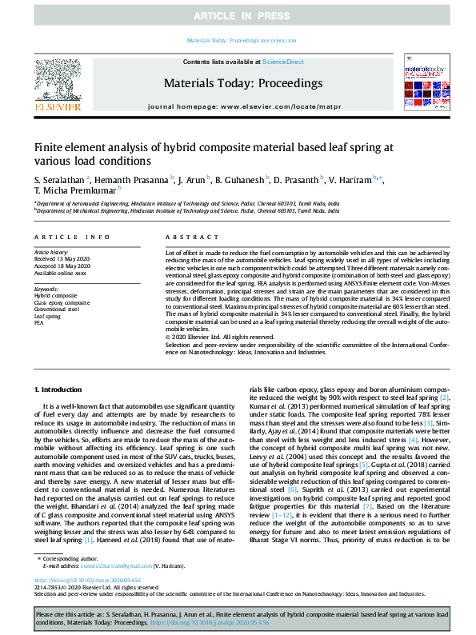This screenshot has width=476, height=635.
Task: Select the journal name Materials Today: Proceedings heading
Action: coord(242,83)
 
